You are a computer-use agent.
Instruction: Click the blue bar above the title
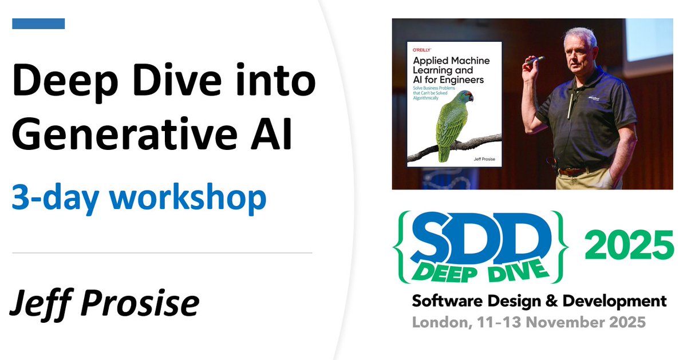click(38, 23)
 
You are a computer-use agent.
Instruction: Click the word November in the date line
click(563, 322)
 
